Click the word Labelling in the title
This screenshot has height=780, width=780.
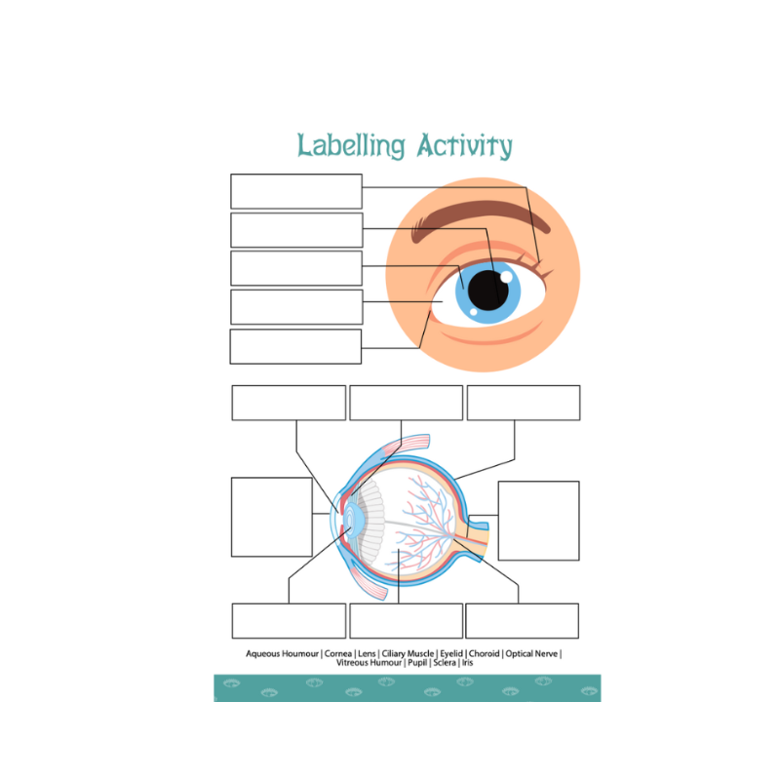click(x=351, y=145)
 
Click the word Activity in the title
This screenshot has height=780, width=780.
click(x=465, y=145)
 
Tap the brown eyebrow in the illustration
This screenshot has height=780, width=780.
click(x=480, y=218)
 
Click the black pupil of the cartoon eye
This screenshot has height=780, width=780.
click(x=488, y=291)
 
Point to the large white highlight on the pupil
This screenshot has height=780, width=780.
click(x=506, y=277)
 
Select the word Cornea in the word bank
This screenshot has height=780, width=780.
click(x=337, y=653)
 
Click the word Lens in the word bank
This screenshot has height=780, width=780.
click(x=367, y=653)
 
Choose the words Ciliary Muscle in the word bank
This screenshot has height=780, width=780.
click(x=408, y=653)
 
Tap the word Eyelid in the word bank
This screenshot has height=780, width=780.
click(x=451, y=653)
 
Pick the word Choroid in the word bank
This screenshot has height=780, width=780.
click(x=484, y=653)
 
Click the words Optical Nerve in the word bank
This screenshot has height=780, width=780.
click(x=531, y=653)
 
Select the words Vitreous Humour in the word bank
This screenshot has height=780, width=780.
click(x=369, y=663)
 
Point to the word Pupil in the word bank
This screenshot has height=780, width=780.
click(x=417, y=663)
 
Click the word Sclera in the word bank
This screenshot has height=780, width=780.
click(x=445, y=663)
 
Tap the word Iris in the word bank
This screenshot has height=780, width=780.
click(x=467, y=663)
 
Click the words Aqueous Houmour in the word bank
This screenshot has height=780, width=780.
click(x=282, y=654)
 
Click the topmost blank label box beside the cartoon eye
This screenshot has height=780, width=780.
click(x=296, y=191)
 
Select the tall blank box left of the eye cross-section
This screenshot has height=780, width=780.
click(x=272, y=517)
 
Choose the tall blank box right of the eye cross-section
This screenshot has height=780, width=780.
click(x=539, y=521)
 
